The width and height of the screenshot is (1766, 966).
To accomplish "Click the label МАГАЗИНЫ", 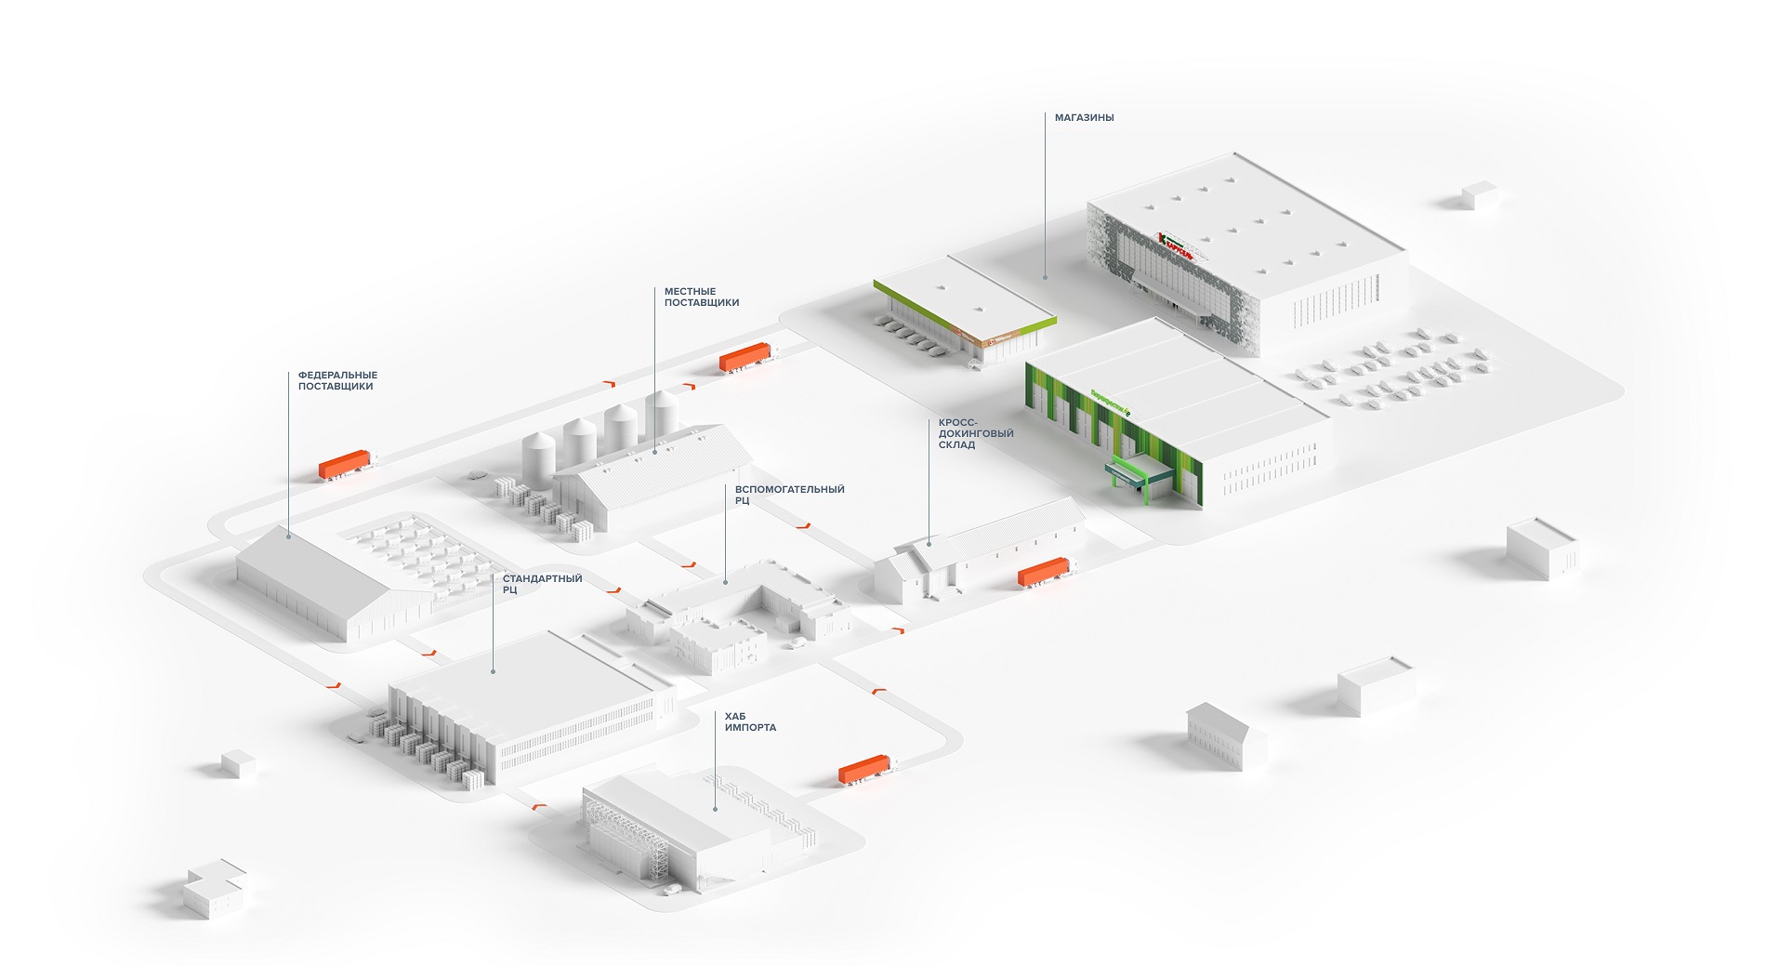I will (1084, 118).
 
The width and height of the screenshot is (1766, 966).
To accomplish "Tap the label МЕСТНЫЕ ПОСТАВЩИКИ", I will (701, 297).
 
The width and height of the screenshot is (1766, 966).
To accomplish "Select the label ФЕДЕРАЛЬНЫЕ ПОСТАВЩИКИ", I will (337, 380).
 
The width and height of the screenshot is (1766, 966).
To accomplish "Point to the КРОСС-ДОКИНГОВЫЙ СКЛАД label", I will (975, 433).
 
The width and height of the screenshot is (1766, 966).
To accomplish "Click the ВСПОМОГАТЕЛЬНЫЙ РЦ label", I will (789, 495).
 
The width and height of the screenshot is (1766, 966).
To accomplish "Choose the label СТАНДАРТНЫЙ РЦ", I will (542, 584).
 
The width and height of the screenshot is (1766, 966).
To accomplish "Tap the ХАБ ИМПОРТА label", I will (750, 721).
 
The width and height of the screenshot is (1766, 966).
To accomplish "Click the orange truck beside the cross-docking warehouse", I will (1043, 572).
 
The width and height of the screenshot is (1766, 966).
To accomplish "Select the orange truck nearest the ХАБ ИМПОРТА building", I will (864, 769).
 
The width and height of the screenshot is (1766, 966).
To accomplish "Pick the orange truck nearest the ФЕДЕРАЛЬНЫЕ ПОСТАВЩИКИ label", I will (344, 464).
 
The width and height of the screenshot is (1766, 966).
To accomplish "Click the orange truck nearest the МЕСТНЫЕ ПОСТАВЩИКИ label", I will (745, 357).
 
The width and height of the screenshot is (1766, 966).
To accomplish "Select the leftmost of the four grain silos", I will (538, 457).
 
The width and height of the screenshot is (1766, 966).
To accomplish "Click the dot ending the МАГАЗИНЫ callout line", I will (1045, 276).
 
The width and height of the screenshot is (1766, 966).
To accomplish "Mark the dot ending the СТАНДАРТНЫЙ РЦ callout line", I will (493, 670).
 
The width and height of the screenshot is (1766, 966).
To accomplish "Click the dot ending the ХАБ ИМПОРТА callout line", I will (715, 809).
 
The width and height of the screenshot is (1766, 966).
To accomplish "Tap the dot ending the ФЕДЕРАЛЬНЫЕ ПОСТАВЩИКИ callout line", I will (288, 536).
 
